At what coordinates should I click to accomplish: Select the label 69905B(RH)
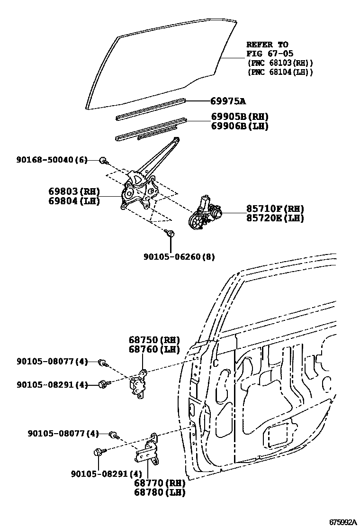click(x=240, y=117)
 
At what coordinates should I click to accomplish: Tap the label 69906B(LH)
click(x=240, y=126)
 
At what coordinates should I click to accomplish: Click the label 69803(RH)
click(x=73, y=191)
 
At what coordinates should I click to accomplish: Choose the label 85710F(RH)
click(x=275, y=209)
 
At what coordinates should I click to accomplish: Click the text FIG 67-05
click(x=267, y=53)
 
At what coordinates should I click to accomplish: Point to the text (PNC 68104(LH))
click(x=280, y=72)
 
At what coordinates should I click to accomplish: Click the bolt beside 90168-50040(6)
click(x=103, y=161)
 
